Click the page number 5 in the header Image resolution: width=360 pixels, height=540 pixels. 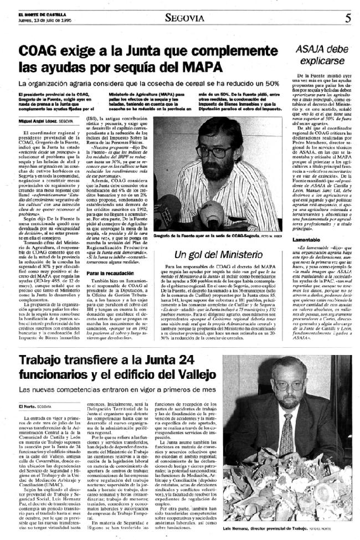[x=347, y=17]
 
